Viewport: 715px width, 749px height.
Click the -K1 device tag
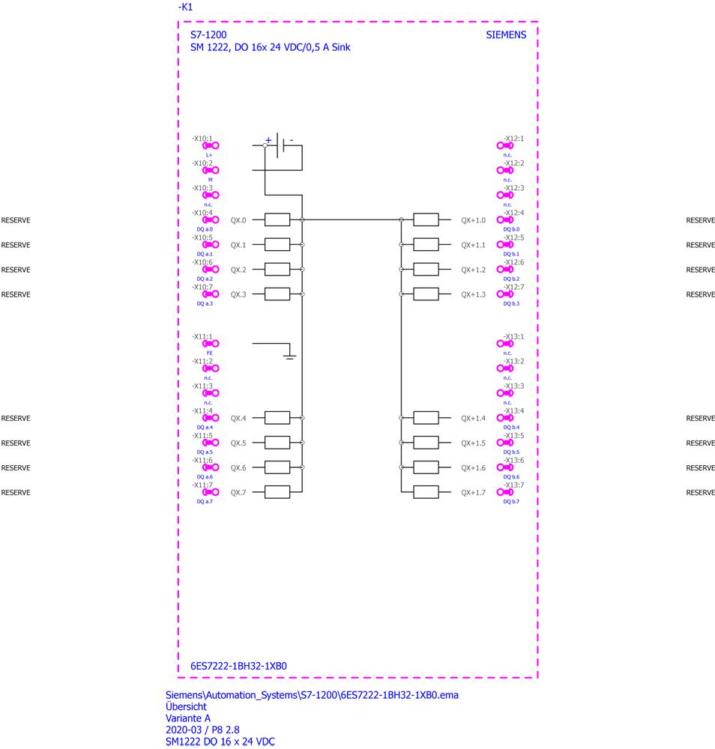[x=185, y=7]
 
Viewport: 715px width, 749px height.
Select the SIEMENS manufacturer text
[x=507, y=34]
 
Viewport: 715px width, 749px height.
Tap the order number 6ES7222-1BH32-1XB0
[x=239, y=665]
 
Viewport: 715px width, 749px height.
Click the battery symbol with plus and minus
[x=280, y=145]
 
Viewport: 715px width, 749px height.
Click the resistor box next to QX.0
[x=277, y=219]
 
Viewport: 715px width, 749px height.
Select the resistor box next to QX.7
[x=277, y=492]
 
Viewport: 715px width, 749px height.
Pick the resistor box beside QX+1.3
[x=426, y=294]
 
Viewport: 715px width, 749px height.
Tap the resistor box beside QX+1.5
[x=426, y=443]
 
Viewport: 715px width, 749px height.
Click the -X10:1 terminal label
[x=202, y=139]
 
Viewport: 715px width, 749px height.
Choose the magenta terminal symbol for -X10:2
[x=211, y=171]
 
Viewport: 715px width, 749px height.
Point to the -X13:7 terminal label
[x=513, y=485]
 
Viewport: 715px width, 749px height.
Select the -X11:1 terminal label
[x=202, y=336]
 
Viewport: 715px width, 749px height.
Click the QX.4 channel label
[x=238, y=418]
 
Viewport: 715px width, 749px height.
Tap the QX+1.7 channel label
[x=473, y=492]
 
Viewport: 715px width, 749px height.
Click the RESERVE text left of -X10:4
[x=16, y=220]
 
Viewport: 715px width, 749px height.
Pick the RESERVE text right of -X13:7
[x=700, y=492]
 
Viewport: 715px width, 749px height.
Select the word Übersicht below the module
[x=186, y=706]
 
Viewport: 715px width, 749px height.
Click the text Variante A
[x=188, y=718]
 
